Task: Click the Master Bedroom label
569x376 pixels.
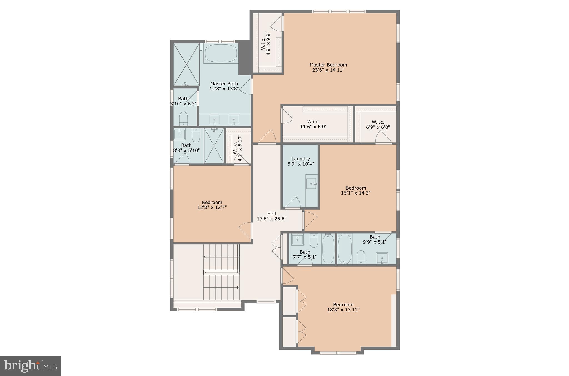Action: [328, 67]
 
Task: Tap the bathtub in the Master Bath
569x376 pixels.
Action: [221, 54]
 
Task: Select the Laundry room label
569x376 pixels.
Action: [301, 161]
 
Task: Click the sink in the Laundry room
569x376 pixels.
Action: [311, 184]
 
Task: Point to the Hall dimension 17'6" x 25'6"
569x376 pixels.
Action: [271, 219]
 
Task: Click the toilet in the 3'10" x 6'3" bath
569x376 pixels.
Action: [184, 118]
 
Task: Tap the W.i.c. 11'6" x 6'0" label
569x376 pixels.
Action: [313, 124]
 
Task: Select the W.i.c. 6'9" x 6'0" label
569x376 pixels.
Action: [378, 125]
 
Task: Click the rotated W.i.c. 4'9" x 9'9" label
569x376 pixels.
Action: [266, 44]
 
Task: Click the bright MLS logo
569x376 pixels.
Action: [31, 366]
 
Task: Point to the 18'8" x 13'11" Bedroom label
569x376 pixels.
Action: [343, 307]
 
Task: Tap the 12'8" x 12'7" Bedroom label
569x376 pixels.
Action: [212, 205]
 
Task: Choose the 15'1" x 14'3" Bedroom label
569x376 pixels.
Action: [356, 190]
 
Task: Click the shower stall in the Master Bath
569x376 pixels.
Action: [186, 64]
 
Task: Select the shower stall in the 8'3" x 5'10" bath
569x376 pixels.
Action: [214, 146]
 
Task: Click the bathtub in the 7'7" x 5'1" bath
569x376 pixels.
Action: [328, 249]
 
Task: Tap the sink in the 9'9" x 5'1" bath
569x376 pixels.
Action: [382, 258]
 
